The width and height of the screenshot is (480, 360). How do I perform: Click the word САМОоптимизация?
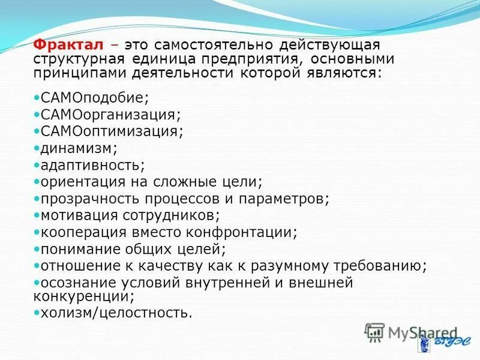point(112,130)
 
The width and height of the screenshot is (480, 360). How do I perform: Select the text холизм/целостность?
point(115,313)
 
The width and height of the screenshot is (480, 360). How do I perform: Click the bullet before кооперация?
point(37,231)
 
